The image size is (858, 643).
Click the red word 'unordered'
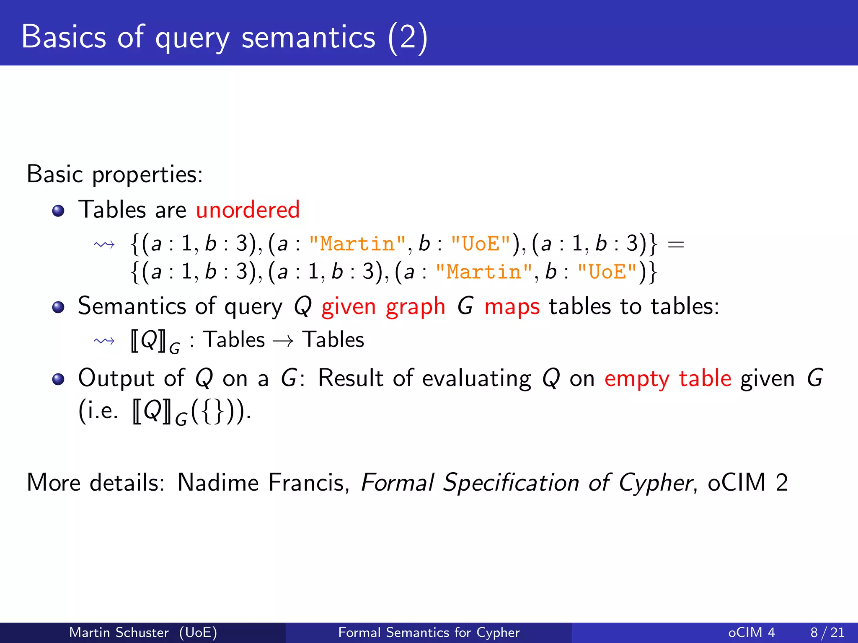coord(248,209)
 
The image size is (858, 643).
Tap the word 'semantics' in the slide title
coord(308,37)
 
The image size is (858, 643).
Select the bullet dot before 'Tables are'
coord(58,211)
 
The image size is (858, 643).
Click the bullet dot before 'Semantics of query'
coord(58,307)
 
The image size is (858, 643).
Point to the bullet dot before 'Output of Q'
coord(58,379)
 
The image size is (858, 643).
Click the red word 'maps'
coord(512,307)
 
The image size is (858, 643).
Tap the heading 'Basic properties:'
coord(115,174)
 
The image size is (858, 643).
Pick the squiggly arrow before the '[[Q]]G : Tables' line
coord(104,341)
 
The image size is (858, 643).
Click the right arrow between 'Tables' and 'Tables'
coord(283,341)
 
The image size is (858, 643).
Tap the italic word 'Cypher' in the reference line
coord(656,483)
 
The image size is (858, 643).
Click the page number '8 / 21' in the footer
coord(827,632)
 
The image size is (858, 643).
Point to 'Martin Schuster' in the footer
coord(119,632)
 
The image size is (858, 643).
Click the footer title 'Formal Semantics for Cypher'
coord(429,632)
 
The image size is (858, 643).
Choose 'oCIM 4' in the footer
coord(752,632)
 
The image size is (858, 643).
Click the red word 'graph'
coord(415,307)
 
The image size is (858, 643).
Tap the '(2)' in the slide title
coord(408,37)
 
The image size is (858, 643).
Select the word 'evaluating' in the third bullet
coord(476,379)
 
